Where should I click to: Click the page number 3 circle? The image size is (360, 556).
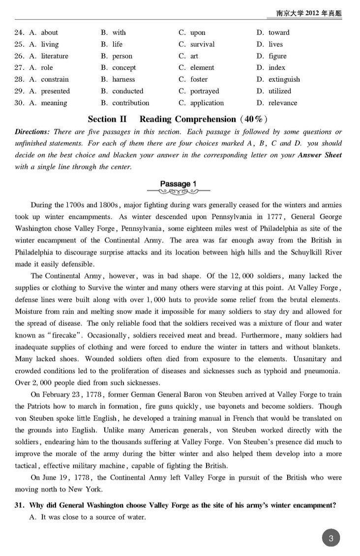click(x=331, y=538)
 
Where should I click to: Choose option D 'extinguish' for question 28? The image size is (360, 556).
click(x=284, y=79)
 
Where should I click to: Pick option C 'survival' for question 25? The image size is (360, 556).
click(x=202, y=44)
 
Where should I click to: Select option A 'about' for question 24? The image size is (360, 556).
click(x=49, y=32)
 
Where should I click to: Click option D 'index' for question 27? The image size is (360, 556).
click(x=277, y=67)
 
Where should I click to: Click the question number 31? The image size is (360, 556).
click(x=20, y=504)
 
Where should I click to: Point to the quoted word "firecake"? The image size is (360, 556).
click(x=63, y=335)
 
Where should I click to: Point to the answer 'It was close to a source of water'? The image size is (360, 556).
click(x=93, y=517)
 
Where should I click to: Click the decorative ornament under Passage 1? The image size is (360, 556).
click(x=181, y=192)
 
